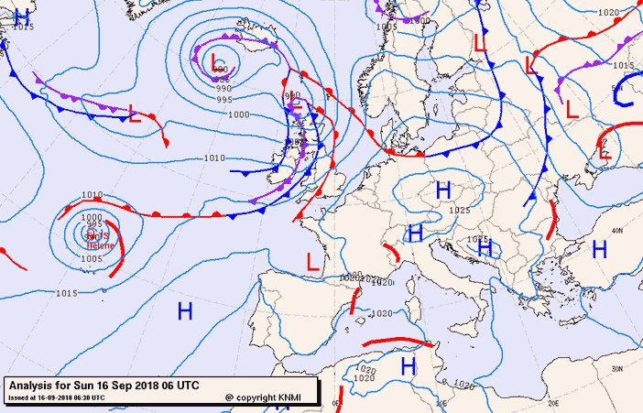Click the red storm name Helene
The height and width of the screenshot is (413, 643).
[101, 245]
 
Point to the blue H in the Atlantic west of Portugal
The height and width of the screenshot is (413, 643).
[185, 312]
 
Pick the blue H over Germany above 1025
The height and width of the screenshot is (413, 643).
[444, 191]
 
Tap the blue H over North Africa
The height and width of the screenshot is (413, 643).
[409, 367]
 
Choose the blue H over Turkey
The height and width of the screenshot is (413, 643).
[600, 249]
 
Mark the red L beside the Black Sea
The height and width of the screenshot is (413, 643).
[605, 152]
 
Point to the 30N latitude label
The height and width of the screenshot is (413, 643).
[617, 368]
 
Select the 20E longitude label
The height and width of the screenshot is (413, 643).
[552, 401]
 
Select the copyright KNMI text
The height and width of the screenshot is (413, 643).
[267, 397]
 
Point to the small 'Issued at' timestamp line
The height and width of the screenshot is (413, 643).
[55, 397]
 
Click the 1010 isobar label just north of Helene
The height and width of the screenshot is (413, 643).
[92, 195]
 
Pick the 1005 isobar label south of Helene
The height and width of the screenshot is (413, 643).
[92, 259]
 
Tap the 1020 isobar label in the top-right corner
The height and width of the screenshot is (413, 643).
[607, 13]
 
